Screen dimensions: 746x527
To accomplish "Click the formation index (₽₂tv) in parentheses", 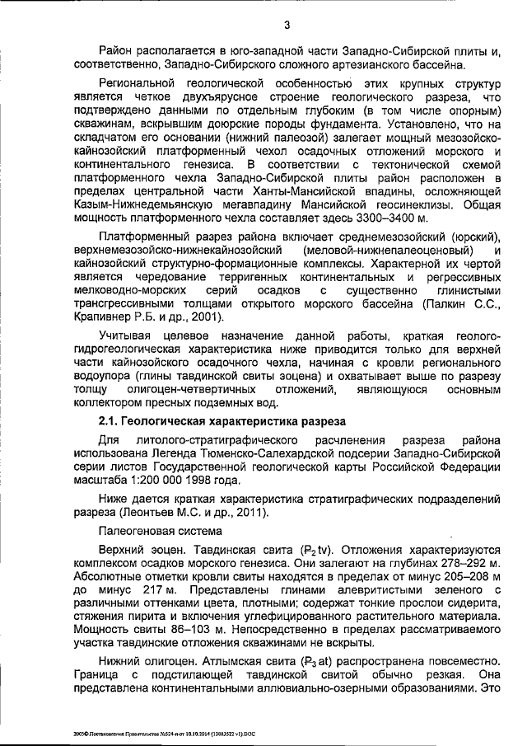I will coord(290,550).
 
